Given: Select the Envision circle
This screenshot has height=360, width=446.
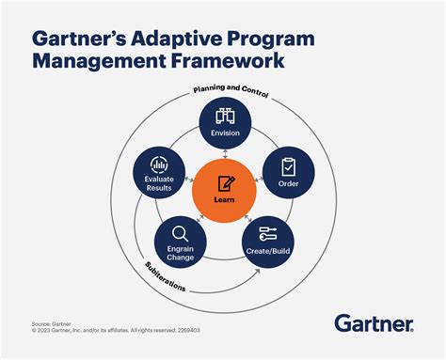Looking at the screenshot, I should (x=225, y=126).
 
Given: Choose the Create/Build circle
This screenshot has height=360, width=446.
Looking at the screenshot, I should (x=265, y=241).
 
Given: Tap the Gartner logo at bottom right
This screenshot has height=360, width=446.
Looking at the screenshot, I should (x=374, y=324).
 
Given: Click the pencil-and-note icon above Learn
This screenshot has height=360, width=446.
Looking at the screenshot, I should (x=226, y=183).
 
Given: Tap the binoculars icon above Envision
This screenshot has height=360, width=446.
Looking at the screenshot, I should (x=225, y=116).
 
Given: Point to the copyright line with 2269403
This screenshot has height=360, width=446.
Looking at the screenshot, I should (x=120, y=330).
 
